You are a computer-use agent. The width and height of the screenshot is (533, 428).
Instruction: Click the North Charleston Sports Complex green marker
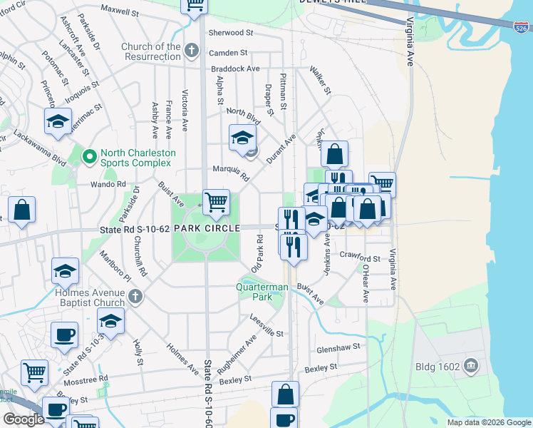pos(90,156)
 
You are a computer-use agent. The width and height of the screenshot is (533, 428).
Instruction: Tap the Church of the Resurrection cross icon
pos(190,50)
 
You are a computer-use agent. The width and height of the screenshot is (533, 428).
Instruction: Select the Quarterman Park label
pos(263,292)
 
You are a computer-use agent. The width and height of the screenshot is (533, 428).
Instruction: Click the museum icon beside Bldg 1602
pos(470,367)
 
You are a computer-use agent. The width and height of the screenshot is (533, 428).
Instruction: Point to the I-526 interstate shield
pos(522,26)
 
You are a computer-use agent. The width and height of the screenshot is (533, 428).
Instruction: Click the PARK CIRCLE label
pos(205,228)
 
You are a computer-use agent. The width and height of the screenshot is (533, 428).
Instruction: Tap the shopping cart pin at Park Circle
pos(216,203)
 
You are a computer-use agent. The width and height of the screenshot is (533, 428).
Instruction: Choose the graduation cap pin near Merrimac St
pos(58,121)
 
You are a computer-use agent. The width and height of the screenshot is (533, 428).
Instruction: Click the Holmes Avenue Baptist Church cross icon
pos(135,296)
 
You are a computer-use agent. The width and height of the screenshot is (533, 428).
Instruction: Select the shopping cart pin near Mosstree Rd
pos(34,372)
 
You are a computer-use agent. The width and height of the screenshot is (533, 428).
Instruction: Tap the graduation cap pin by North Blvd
pos(242,137)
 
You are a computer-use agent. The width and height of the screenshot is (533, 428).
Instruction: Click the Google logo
pos(24,419)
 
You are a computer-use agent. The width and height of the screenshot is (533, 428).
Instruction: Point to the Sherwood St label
pos(230,33)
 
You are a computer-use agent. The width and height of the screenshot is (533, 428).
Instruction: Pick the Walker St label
pos(320,81)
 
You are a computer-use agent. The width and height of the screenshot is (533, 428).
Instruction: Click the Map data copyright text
pos(488,422)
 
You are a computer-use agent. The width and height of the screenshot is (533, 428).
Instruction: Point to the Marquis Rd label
pos(230,172)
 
